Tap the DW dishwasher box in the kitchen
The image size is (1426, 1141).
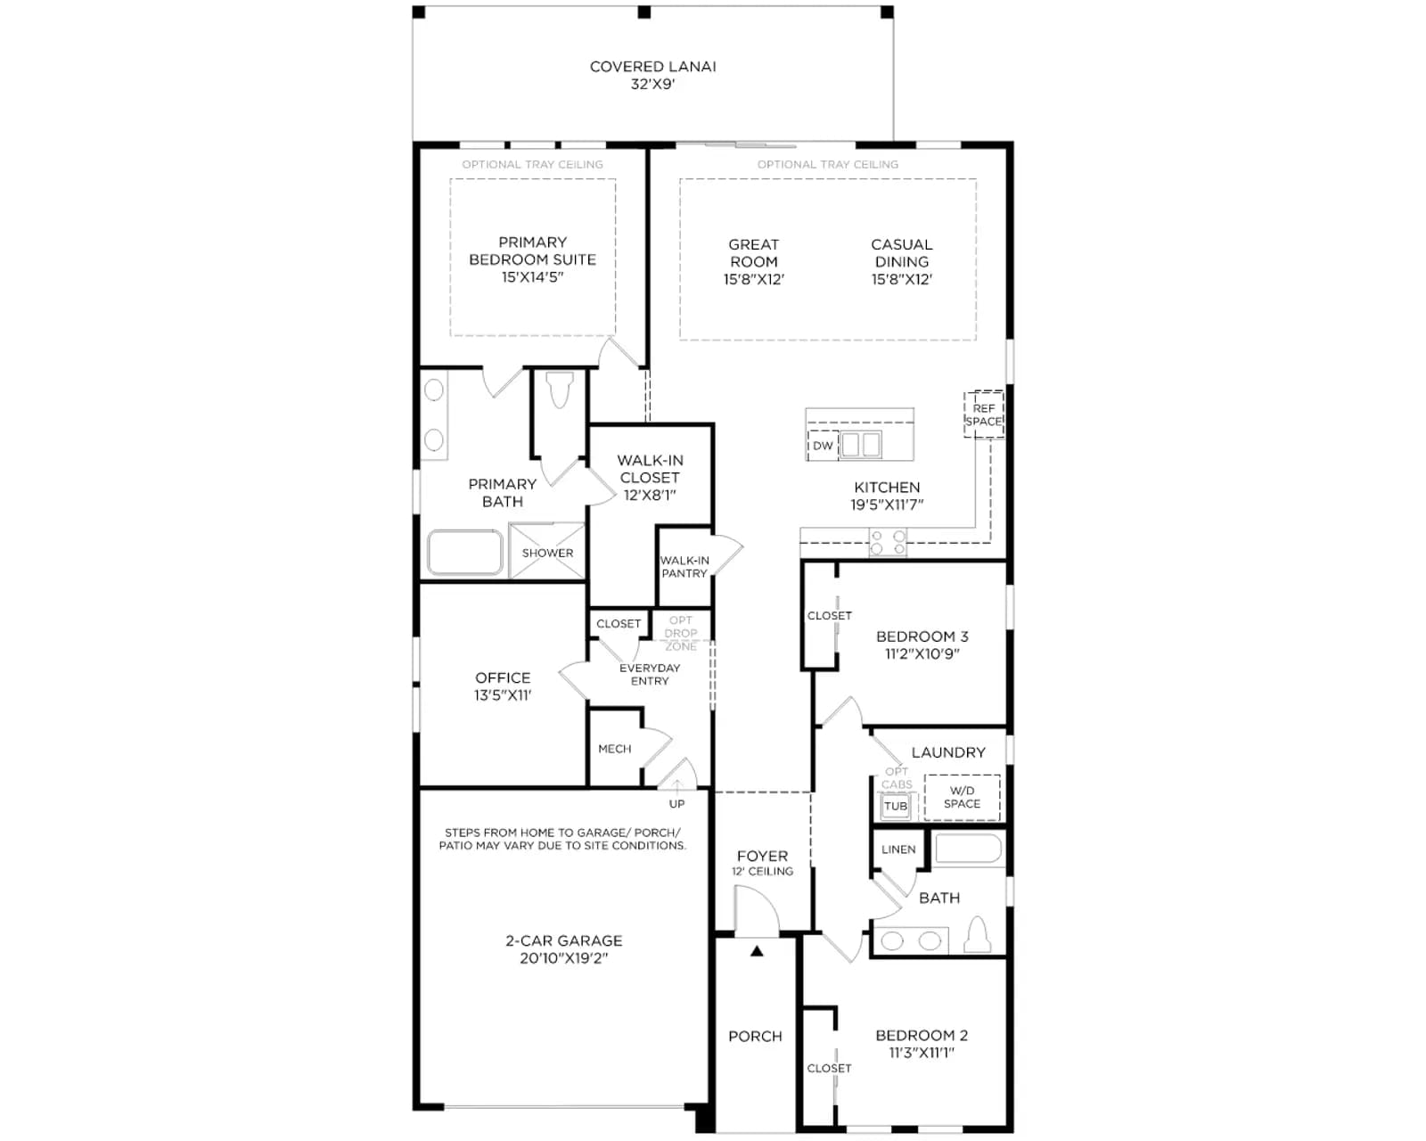823,446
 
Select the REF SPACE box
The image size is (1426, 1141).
983,415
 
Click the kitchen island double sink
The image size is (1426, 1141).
861,445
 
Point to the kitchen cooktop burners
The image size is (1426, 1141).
888,542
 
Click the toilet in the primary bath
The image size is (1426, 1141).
560,390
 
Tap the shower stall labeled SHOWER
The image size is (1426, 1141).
546,552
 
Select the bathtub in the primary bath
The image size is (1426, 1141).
464,552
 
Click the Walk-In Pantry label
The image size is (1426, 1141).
684,567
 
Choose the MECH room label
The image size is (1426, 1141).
614,749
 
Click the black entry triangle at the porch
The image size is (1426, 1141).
757,951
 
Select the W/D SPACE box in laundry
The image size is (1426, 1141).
963,798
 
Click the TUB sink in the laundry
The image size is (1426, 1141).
896,806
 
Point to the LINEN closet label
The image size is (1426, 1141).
898,850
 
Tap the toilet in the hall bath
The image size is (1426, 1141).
978,934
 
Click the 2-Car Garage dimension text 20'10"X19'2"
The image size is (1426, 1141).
564,958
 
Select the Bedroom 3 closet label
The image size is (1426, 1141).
829,615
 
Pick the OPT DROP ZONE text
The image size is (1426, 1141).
681,633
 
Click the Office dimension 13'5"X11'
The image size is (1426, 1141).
503,695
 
